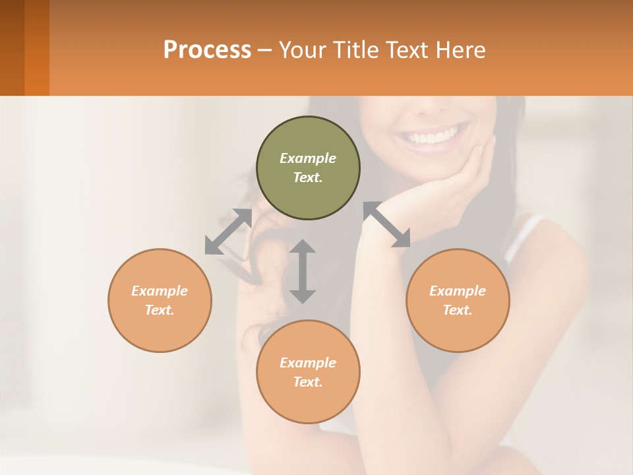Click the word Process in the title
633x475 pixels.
pos(207,50)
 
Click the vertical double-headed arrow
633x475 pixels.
pos(303,271)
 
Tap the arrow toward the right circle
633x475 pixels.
pos(387,224)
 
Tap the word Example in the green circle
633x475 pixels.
pos(308,158)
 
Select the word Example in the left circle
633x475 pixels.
pos(160,291)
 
